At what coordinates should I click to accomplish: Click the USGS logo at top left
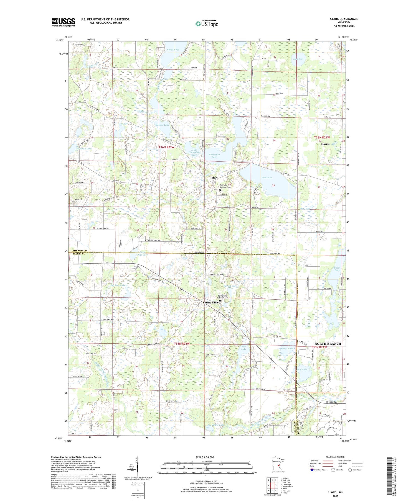click(x=63, y=22)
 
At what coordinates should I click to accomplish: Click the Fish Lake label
click(x=267, y=177)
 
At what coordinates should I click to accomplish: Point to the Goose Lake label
click(x=173, y=50)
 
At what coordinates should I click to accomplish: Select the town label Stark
click(x=215, y=177)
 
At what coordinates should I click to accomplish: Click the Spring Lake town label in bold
click(x=210, y=303)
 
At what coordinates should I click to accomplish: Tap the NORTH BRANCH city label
click(x=328, y=344)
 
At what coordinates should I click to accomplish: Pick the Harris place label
click(x=325, y=144)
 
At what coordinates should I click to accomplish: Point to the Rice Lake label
click(x=243, y=348)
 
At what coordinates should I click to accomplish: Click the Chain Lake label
click(x=337, y=269)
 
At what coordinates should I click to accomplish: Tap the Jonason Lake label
click(x=84, y=148)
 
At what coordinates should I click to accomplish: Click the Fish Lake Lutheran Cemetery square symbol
click(x=220, y=190)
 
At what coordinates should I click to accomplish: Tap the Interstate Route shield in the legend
click(x=312, y=470)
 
